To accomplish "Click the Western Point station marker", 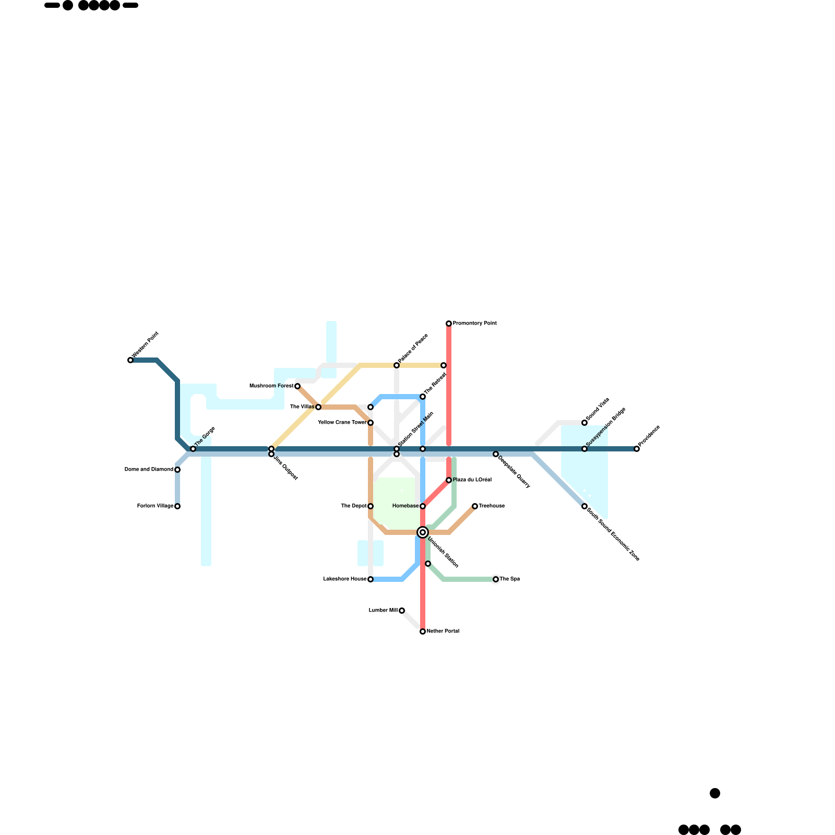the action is click(x=130, y=360).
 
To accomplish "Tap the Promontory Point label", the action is click(x=474, y=324).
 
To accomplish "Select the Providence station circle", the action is click(x=637, y=449).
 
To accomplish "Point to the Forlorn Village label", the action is click(x=155, y=506).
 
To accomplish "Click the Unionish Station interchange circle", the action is click(x=423, y=532).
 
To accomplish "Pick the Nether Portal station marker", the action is click(x=423, y=631).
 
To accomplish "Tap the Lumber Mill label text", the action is click(x=383, y=610).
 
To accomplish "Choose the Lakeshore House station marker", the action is click(x=371, y=579).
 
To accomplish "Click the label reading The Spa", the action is click(x=510, y=579).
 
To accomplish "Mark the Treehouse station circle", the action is click(x=475, y=506).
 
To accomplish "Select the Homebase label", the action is click(x=405, y=506).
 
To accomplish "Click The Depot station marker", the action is click(x=371, y=506).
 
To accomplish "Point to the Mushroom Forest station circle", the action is click(x=297, y=386).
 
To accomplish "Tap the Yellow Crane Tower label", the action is click(x=342, y=423).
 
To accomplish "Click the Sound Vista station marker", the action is click(x=584, y=423).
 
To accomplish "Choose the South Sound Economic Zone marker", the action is click(x=584, y=506).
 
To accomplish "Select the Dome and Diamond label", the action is click(x=149, y=470).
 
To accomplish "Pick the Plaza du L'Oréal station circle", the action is click(x=449, y=480).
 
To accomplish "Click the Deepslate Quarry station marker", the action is click(x=496, y=454).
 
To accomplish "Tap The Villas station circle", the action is click(x=318, y=407).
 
